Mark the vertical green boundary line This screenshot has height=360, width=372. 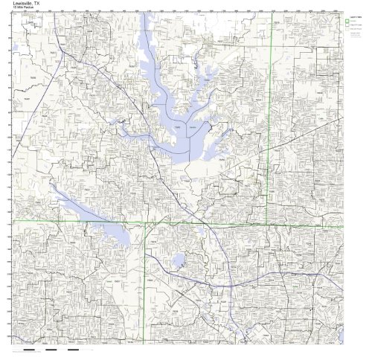(x=268, y=112)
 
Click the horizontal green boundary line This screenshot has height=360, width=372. (x=112, y=221)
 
